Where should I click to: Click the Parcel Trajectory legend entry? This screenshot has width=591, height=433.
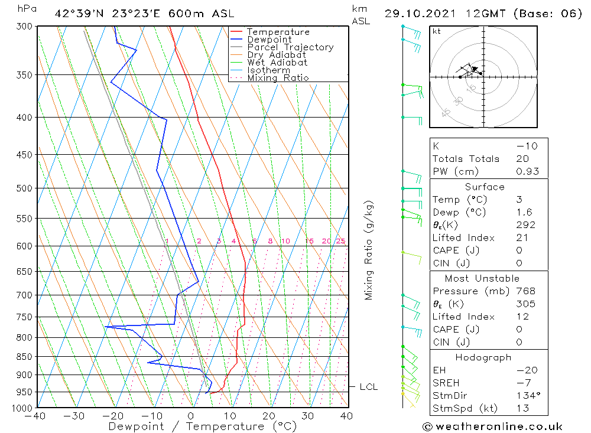[290, 47]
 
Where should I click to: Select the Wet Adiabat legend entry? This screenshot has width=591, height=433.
[277, 63]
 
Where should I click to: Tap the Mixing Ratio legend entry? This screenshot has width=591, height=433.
[278, 78]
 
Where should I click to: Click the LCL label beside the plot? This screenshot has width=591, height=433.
[368, 387]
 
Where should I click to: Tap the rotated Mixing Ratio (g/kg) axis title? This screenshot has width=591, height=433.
[369, 250]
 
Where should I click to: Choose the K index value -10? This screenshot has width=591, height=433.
[527, 146]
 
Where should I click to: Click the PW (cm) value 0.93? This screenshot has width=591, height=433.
[528, 171]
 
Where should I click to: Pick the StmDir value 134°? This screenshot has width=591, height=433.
[527, 396]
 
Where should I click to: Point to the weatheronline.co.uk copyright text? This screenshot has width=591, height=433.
[492, 427]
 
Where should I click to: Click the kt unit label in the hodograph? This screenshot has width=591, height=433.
[436, 31]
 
